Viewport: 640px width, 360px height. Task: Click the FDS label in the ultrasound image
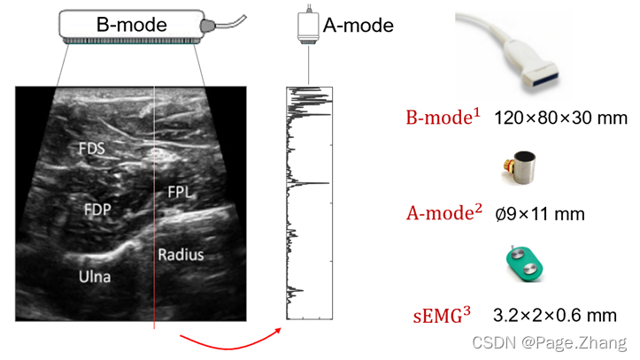click(x=90, y=149)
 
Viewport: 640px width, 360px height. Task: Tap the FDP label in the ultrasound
click(x=98, y=210)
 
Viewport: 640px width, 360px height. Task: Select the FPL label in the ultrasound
click(x=180, y=191)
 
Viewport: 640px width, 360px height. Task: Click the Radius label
click(x=181, y=255)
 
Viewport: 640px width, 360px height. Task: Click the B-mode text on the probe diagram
click(x=132, y=24)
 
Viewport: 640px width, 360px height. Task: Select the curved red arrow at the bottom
click(x=230, y=339)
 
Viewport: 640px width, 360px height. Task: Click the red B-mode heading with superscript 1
click(x=443, y=117)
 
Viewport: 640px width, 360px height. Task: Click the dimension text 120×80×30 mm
click(x=560, y=118)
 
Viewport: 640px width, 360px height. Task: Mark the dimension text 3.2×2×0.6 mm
click(x=555, y=315)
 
